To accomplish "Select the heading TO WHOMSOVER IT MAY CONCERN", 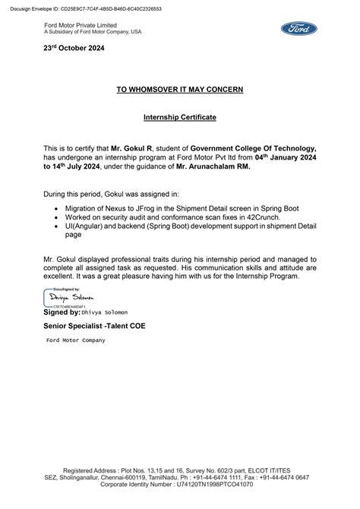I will coord(180,90).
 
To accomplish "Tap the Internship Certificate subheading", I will coord(180,119).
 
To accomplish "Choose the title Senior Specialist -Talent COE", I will coord(95,326).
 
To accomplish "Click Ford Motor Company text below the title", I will coord(76,340).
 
